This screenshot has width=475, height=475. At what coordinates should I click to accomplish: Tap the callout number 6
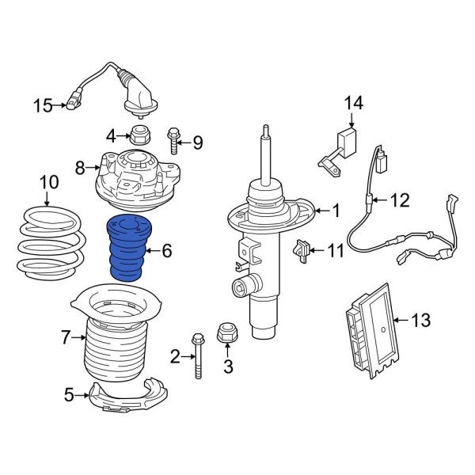166,251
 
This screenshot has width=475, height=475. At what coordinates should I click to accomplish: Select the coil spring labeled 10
49,241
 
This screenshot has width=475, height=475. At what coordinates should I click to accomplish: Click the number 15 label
43,105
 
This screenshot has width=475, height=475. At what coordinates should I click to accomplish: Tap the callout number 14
353,102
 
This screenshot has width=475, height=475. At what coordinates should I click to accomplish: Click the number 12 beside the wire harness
400,200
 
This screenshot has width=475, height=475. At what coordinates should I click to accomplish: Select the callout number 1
336,211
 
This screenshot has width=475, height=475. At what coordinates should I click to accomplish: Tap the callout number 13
422,320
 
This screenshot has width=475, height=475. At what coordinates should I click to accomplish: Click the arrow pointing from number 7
80,339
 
